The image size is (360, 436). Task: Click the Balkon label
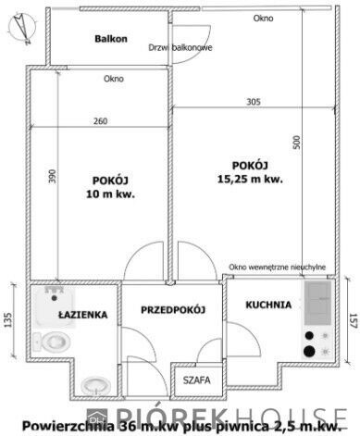pyautogui.click(x=111, y=39)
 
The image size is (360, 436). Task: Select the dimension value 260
pyautogui.click(x=101, y=121)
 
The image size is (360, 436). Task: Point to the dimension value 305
pyautogui.click(x=254, y=102)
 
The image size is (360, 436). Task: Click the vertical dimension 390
pyautogui.click(x=53, y=176)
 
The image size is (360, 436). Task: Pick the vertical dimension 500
pyautogui.click(x=296, y=143)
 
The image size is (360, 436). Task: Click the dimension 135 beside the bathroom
pyautogui.click(x=8, y=320)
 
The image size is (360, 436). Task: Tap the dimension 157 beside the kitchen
pyautogui.click(x=354, y=320)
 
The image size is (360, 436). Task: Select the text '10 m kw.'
pyautogui.click(x=110, y=194)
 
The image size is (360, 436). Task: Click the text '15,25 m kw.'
pyautogui.click(x=250, y=179)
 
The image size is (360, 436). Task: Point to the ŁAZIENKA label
pyautogui.click(x=83, y=315)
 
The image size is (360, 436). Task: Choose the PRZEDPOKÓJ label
pyautogui.click(x=173, y=309)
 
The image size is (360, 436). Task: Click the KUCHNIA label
pyautogui.click(x=268, y=305)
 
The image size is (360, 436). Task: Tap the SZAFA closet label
pyautogui.click(x=197, y=380)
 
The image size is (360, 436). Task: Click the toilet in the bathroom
pyautogui.click(x=51, y=342)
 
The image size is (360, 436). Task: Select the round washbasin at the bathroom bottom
pyautogui.click(x=95, y=385)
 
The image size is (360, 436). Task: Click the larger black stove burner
pyautogui.click(x=309, y=351)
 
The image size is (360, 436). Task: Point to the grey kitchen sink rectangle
pyautogui.click(x=317, y=303)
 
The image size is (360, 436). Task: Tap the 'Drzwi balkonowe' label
pyautogui.click(x=180, y=48)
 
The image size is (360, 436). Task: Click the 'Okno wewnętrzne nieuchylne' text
pyautogui.click(x=277, y=267)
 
